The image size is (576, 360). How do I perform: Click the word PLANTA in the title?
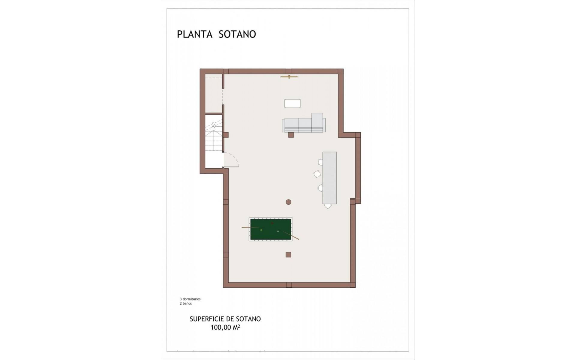(x=195, y=34)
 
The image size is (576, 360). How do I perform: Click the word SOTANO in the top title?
(x=237, y=34)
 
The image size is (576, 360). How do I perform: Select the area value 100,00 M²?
(x=225, y=327)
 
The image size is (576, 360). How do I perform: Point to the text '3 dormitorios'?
(x=190, y=299)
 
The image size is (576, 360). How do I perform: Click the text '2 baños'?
(x=186, y=303)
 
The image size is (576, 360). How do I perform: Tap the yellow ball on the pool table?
(x=261, y=230)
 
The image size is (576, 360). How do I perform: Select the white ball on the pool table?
(x=278, y=231)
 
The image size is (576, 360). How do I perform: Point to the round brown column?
(x=289, y=202)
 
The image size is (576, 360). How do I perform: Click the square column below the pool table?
(x=288, y=255)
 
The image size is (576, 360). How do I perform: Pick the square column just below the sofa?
(x=291, y=135)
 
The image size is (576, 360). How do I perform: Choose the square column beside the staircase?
(x=226, y=135)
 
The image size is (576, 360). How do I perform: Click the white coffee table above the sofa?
(x=292, y=103)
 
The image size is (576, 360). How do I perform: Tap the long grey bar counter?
(x=329, y=178)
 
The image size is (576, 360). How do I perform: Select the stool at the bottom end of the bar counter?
(x=328, y=206)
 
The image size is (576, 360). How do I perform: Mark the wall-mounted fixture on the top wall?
(x=289, y=77)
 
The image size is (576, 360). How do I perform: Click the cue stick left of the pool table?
(x=250, y=227)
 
